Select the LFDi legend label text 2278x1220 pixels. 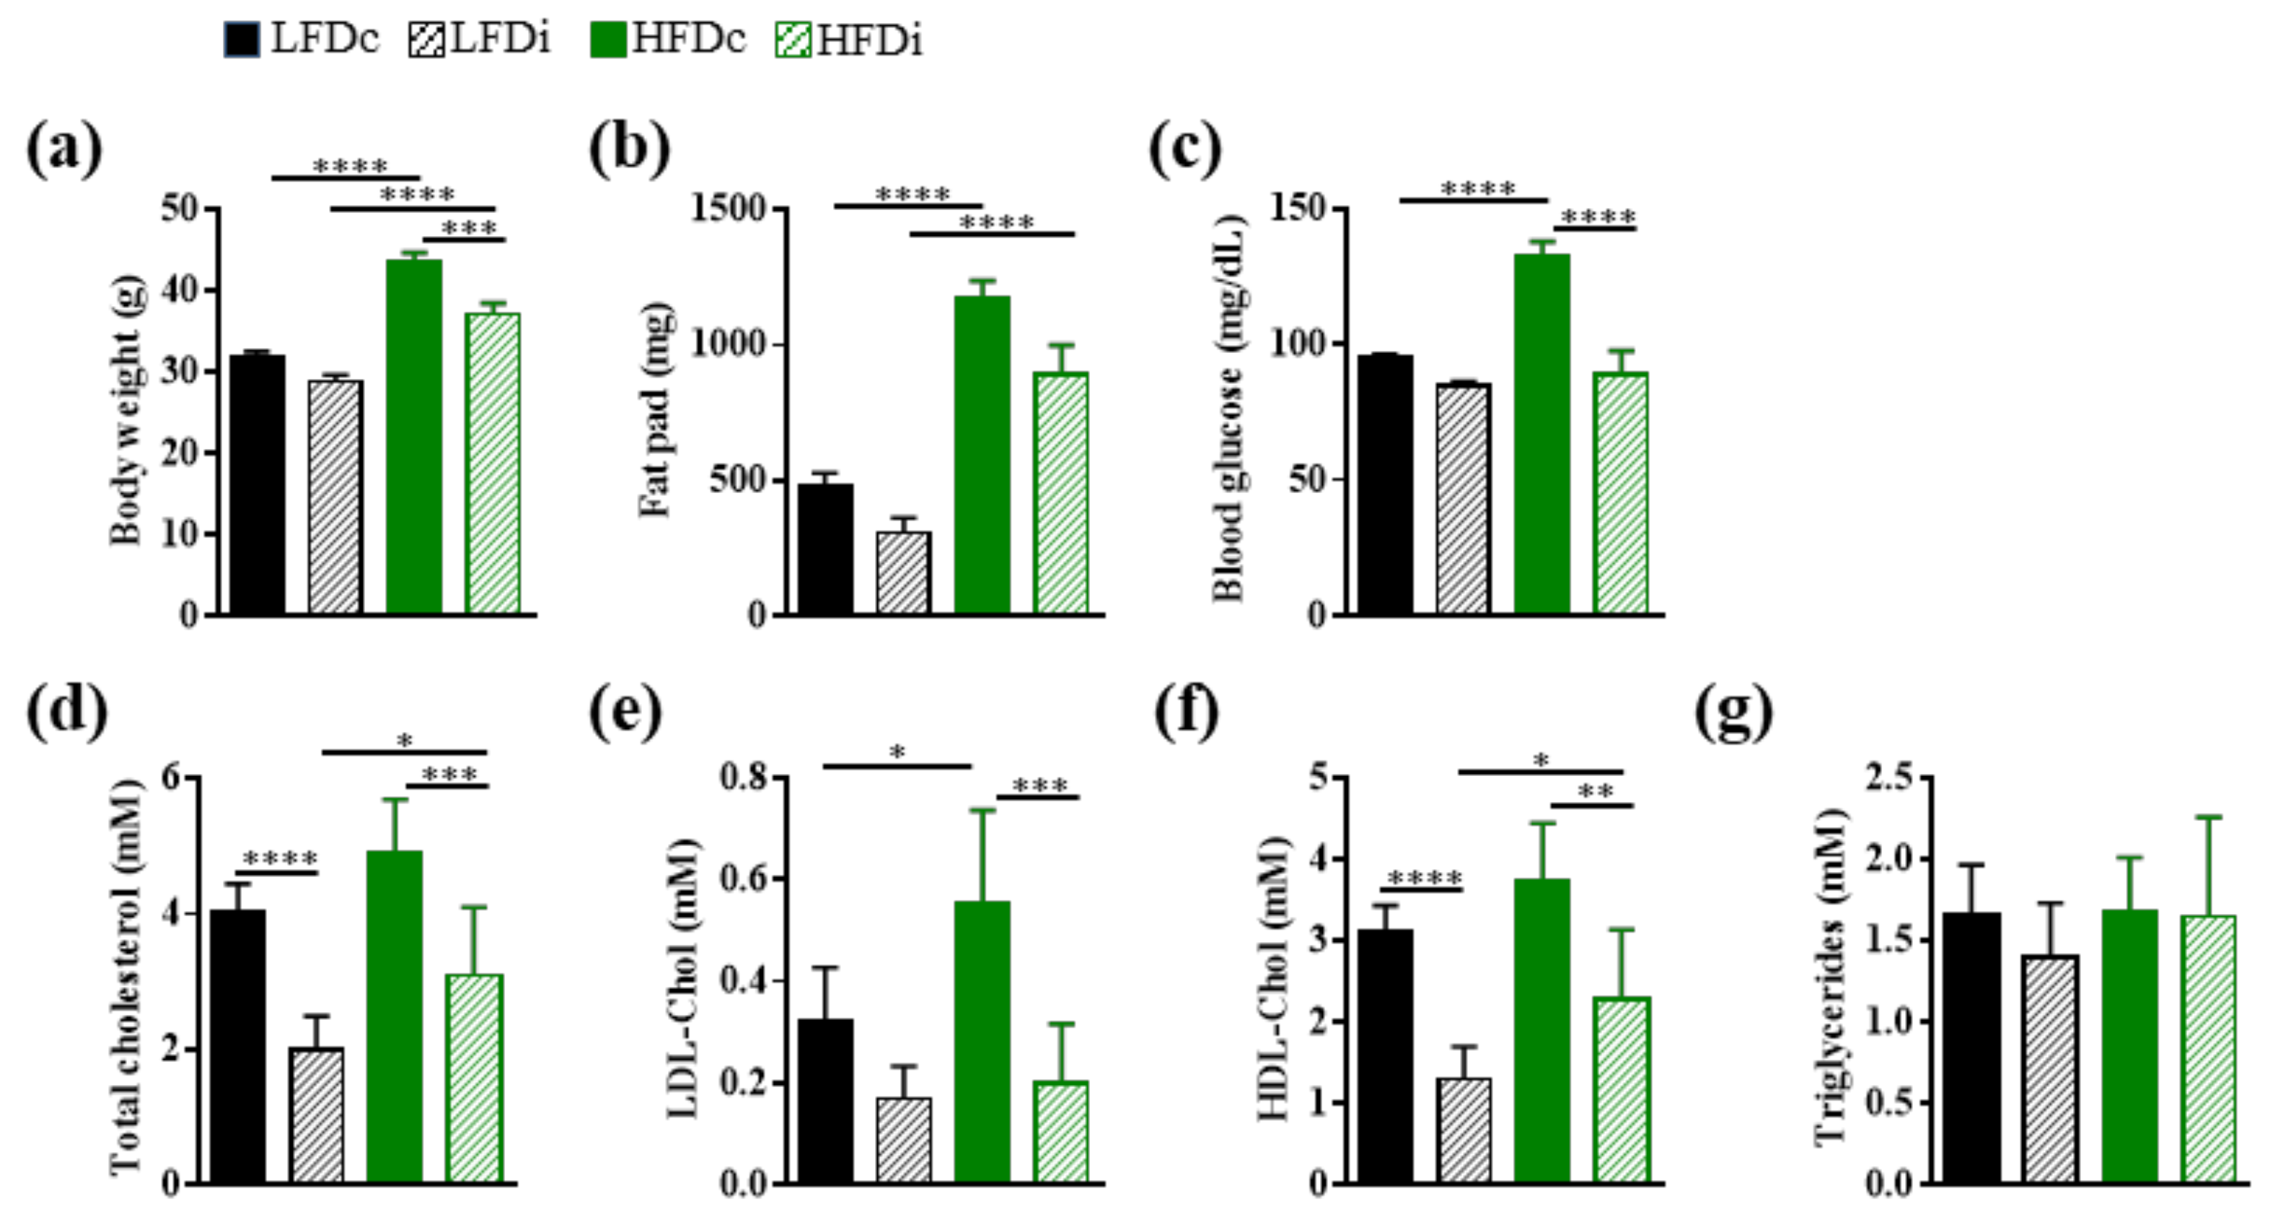tap(501, 40)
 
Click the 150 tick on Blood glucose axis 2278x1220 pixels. tap(1299, 209)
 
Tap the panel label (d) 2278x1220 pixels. tap(66, 713)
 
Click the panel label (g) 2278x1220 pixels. tap(1733, 713)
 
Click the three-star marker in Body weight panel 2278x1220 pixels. tap(469, 229)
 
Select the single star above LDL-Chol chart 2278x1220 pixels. tap(897, 753)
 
